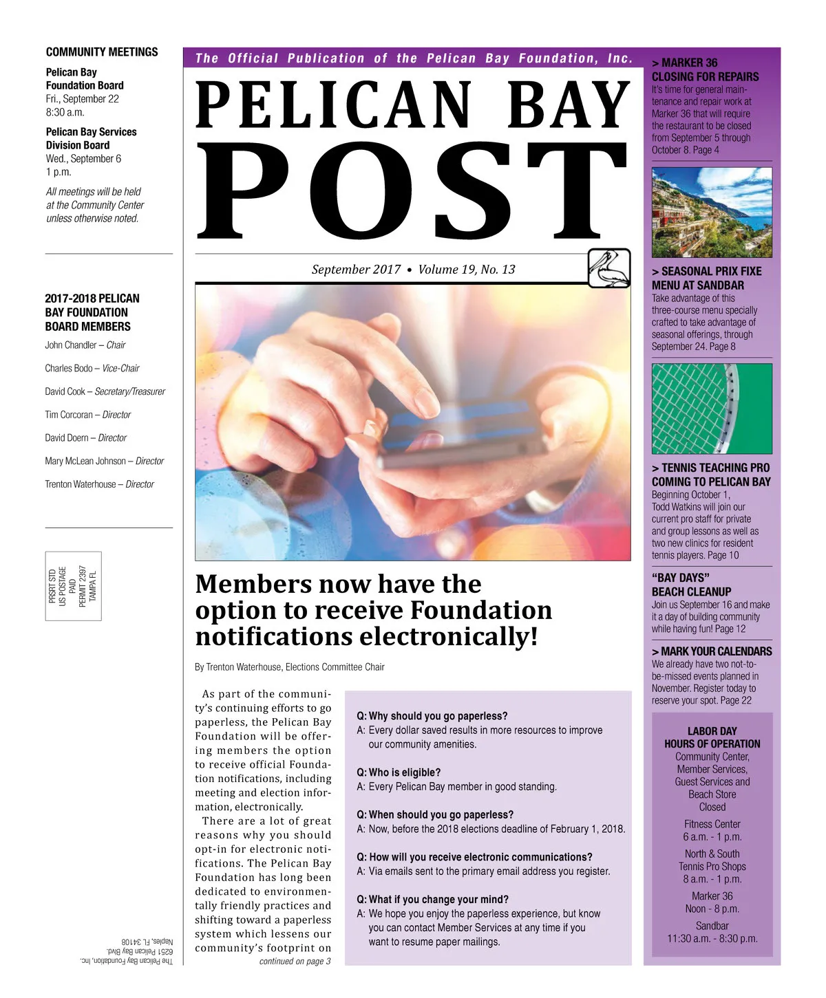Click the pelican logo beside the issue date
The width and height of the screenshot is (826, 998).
point(609,268)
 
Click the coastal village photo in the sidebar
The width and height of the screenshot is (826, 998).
point(712,212)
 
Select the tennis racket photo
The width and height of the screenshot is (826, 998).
point(712,409)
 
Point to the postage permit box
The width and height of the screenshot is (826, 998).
point(73,586)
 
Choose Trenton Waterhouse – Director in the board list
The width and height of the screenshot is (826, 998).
point(100,484)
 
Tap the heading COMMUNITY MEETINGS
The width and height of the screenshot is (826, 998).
point(102,52)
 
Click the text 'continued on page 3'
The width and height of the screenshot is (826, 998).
point(295,962)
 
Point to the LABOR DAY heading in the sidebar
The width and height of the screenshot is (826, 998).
point(712,731)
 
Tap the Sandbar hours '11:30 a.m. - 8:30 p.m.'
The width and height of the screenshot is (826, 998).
point(712,939)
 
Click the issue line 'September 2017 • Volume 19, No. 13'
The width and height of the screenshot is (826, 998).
point(413,270)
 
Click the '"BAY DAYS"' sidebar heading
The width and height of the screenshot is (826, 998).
point(681,578)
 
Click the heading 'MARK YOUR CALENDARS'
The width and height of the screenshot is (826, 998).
point(716,651)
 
